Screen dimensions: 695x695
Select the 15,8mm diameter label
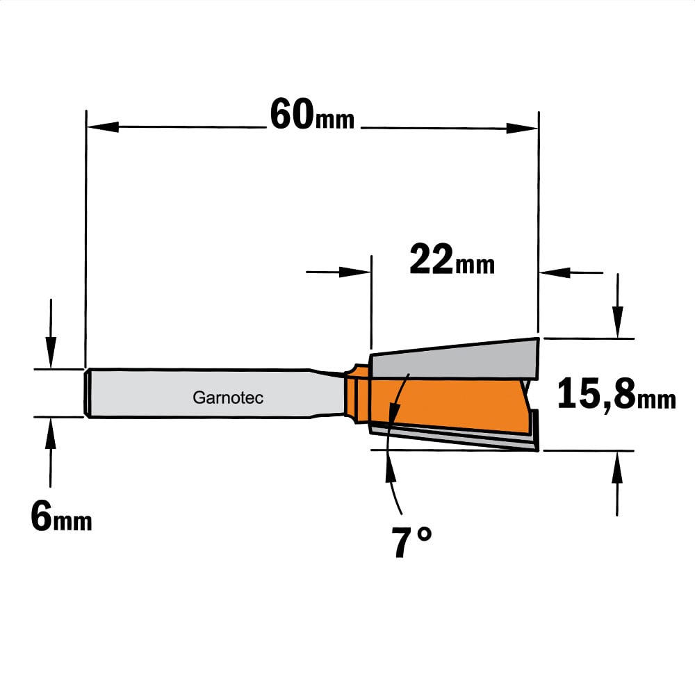(x=616, y=393)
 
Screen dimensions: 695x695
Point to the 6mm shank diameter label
(x=61, y=516)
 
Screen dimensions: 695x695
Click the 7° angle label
(x=411, y=541)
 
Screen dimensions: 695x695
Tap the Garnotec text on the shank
(x=228, y=398)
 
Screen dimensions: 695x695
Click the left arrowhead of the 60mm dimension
(x=103, y=126)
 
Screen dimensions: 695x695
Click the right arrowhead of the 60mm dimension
(x=522, y=129)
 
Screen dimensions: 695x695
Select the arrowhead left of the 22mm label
(x=354, y=272)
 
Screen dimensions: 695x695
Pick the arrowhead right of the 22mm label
(x=555, y=272)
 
